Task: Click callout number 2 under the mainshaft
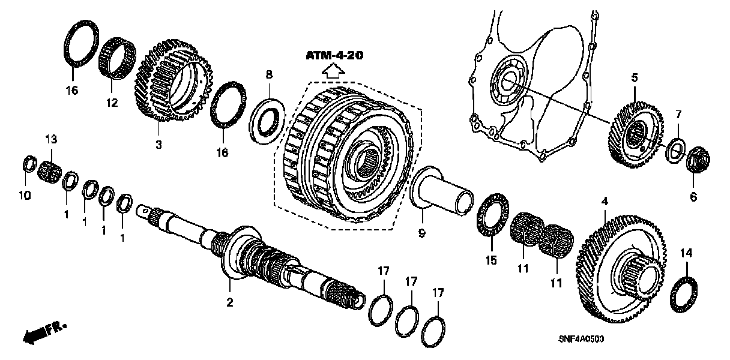click(229, 303)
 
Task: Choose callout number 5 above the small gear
click(634, 78)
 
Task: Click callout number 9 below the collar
click(421, 233)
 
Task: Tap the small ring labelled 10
click(28, 163)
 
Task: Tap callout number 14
click(686, 254)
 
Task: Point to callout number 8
click(269, 74)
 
